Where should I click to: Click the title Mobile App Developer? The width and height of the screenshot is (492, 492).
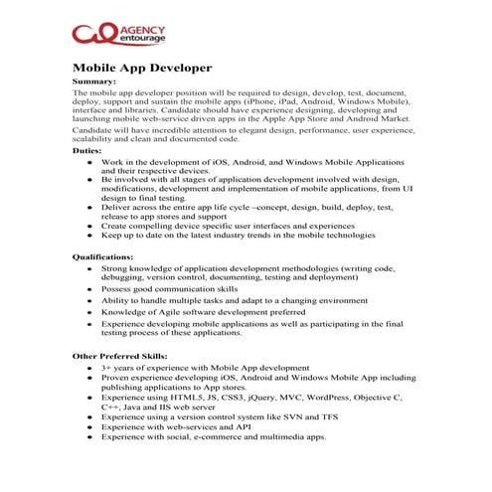coord(142,68)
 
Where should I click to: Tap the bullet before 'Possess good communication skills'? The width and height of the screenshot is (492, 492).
coord(90,288)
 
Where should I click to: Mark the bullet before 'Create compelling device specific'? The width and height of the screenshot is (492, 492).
coord(90,226)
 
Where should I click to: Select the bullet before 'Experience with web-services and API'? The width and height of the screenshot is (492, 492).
coord(90,427)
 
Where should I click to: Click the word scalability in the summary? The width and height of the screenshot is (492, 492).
coord(98,140)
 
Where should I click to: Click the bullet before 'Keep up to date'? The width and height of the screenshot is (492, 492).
coord(90,236)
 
